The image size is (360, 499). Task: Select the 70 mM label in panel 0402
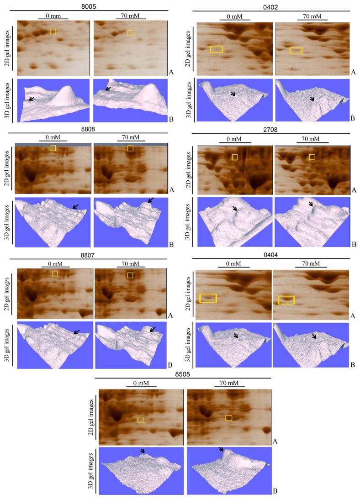[x=312, y=16]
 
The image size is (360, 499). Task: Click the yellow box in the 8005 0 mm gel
[x=53, y=32]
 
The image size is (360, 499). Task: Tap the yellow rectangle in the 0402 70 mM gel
[x=296, y=50]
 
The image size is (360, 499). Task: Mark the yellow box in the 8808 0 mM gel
[x=53, y=148]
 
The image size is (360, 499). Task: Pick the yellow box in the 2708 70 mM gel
[x=312, y=157]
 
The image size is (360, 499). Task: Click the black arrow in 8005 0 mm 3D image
[x=31, y=98]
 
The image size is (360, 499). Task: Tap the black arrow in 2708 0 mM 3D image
[x=235, y=209]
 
